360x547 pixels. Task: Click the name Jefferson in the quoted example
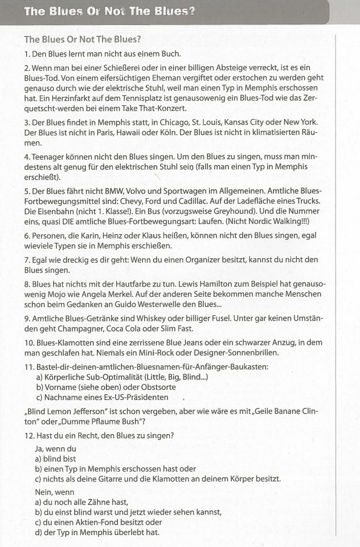point(100,411)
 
